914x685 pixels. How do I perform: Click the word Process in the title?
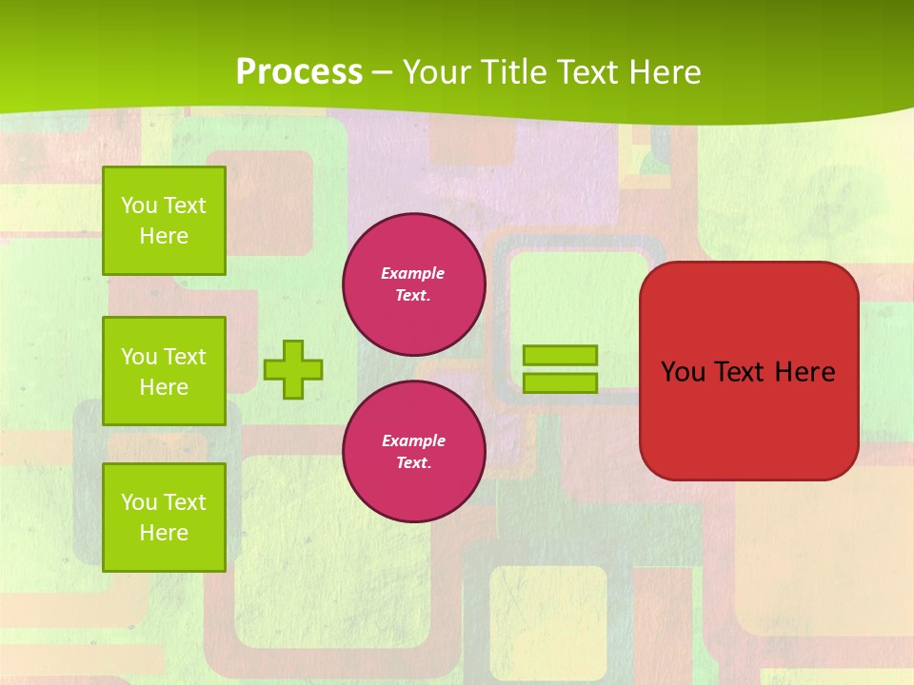(299, 72)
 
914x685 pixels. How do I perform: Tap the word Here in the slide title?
(666, 72)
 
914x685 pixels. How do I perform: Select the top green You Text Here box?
(164, 221)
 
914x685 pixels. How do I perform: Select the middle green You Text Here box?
(164, 371)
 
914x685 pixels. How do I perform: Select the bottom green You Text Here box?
(164, 518)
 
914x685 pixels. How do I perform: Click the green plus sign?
(293, 369)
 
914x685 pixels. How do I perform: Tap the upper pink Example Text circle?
(414, 284)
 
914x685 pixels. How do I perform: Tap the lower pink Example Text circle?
(414, 452)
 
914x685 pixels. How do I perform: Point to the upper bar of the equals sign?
(560, 356)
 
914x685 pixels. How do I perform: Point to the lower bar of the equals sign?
(560, 382)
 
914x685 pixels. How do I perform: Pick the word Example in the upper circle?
(413, 273)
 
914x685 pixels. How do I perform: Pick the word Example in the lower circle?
(413, 440)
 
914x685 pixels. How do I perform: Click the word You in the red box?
(683, 372)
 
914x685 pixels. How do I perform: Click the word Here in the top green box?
(164, 236)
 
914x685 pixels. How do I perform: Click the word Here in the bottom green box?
(164, 533)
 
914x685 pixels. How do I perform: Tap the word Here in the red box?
(805, 372)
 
